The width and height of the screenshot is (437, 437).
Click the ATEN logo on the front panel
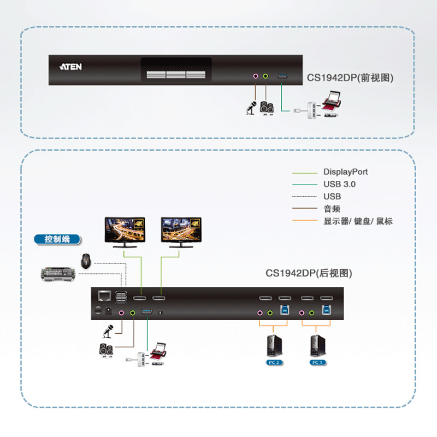tap(70, 67)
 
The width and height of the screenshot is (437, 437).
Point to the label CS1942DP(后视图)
tap(309, 273)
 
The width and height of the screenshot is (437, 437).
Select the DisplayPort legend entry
tap(345, 172)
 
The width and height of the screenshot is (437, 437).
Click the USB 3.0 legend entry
tap(339, 185)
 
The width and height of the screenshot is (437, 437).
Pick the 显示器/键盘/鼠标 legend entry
tap(358, 221)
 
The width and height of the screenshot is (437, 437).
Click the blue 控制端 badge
tap(56, 239)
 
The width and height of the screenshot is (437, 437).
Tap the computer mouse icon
tap(86, 261)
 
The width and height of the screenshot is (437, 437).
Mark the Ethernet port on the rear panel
tap(104, 296)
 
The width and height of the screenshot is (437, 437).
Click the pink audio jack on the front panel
tap(255, 76)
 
